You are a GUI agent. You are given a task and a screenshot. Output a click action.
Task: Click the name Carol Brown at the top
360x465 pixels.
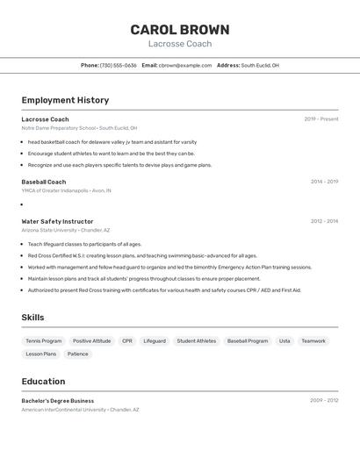tap(180, 29)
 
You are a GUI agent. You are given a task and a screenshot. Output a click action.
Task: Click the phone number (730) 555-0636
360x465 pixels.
tap(119, 65)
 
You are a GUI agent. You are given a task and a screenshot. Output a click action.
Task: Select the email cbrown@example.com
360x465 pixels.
tap(185, 65)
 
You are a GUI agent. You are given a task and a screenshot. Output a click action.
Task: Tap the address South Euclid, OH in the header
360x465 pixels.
tap(260, 65)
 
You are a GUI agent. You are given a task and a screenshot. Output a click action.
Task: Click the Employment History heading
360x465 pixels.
tap(65, 100)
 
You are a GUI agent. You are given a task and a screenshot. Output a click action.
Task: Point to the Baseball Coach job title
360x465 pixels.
tap(44, 182)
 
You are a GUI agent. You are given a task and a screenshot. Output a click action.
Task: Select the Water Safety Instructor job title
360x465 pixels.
tap(57, 221)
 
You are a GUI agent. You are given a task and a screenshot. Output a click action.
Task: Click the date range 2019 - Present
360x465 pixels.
tap(320, 119)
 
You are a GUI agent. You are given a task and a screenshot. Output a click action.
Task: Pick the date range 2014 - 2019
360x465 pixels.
tap(324, 182)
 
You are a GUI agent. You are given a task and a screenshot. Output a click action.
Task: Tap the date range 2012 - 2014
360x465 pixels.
tap(324, 221)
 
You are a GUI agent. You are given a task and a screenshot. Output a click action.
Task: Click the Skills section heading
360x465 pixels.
tap(32, 318)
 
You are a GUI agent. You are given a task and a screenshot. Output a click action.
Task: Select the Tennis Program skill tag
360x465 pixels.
tap(44, 340)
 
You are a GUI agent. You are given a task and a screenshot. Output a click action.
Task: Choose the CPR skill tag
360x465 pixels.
tap(127, 340)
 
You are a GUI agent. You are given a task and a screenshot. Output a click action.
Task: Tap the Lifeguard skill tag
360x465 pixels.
tap(155, 340)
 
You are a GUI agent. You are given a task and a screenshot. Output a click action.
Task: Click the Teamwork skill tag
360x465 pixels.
tap(313, 340)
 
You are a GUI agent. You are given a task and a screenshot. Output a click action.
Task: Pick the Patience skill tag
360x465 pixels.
tap(77, 354)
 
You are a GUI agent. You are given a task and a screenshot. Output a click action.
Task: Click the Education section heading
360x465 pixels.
tap(43, 382)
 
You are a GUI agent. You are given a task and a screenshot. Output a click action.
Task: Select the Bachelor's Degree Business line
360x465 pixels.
tap(58, 400)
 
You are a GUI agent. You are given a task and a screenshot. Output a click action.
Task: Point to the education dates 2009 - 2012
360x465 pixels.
tap(324, 400)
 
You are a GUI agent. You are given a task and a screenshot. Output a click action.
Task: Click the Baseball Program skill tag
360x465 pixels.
tap(248, 340)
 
